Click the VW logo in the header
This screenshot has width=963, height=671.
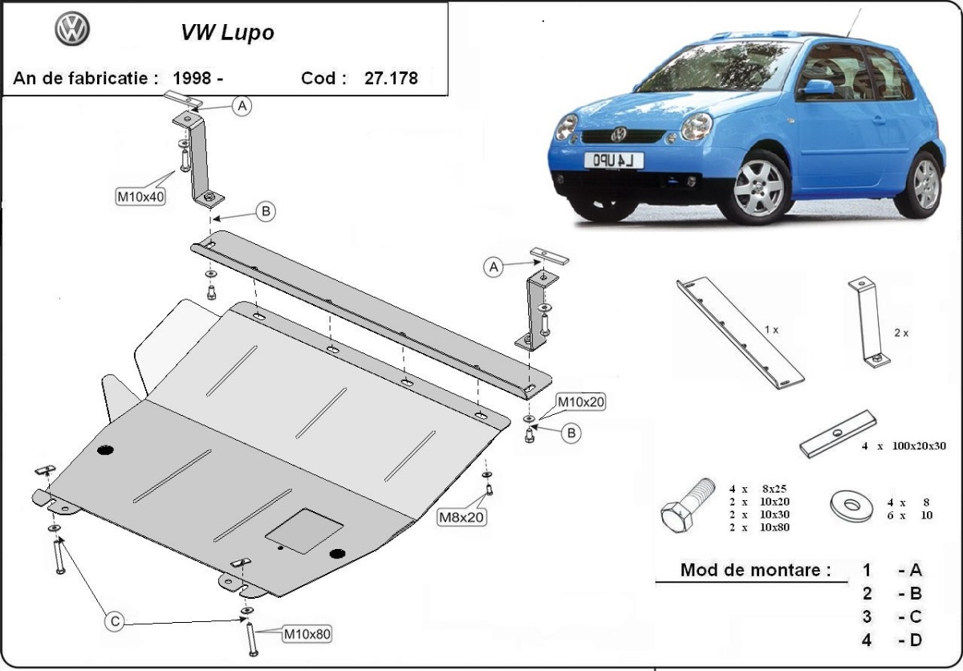(x=72, y=30)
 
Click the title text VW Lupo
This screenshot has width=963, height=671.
(x=226, y=33)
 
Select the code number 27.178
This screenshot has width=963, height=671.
(x=391, y=79)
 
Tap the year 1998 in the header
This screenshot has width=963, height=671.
(x=193, y=79)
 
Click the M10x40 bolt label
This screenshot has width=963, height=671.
(x=140, y=197)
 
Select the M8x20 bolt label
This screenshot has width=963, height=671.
(x=461, y=518)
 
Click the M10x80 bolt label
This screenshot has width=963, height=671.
(x=307, y=634)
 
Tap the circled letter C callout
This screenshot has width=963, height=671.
(x=115, y=621)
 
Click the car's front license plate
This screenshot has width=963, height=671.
(x=613, y=161)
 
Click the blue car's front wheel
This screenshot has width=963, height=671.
(x=758, y=187)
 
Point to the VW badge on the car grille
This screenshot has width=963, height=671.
(x=620, y=133)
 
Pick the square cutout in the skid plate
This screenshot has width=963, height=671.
(x=304, y=531)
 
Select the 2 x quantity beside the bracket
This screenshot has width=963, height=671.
(x=900, y=333)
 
